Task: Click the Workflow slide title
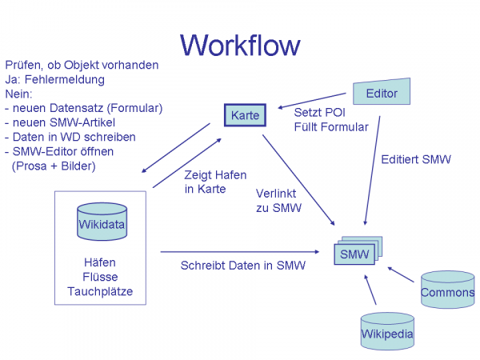[240, 44]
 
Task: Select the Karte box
[243, 115]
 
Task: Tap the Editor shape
[382, 93]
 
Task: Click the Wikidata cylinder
[102, 223]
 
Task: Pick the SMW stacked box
[356, 254]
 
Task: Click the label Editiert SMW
[416, 159]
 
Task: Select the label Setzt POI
[317, 113]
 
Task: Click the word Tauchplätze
[100, 290]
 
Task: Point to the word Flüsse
[100, 276]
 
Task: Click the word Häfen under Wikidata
[100, 262]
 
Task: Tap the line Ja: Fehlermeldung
[54, 79]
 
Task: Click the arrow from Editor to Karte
[315, 99]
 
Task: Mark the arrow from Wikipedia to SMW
[370, 292]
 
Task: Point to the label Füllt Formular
[331, 127]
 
